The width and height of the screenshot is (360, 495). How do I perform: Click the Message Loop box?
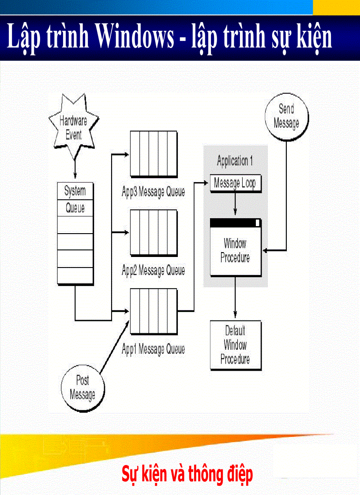click(235, 183)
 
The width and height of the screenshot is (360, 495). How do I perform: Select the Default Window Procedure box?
click(235, 345)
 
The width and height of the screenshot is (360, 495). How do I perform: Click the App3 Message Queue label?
click(153, 192)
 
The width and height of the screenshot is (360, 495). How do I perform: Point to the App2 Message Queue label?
click(153, 270)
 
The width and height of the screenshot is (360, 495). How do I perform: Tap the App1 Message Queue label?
click(153, 350)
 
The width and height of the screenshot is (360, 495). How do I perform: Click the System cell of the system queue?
click(75, 191)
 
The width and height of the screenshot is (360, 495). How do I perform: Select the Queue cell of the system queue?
click(75, 208)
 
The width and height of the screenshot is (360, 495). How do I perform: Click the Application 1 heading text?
click(235, 161)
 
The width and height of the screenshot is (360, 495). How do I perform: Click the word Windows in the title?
click(135, 37)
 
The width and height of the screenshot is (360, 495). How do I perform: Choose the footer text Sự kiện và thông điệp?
click(187, 475)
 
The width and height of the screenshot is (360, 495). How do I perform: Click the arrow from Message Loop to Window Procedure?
click(235, 204)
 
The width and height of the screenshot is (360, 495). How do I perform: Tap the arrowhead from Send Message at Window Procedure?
click(266, 251)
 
